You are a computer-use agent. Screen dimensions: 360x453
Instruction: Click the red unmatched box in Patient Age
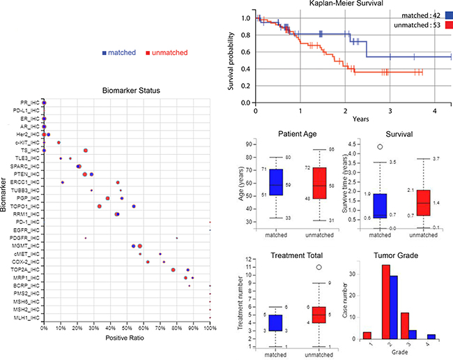(319, 183)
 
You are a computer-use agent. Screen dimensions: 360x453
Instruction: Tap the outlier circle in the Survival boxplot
(379, 147)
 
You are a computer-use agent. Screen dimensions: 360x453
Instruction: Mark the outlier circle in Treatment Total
(319, 267)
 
